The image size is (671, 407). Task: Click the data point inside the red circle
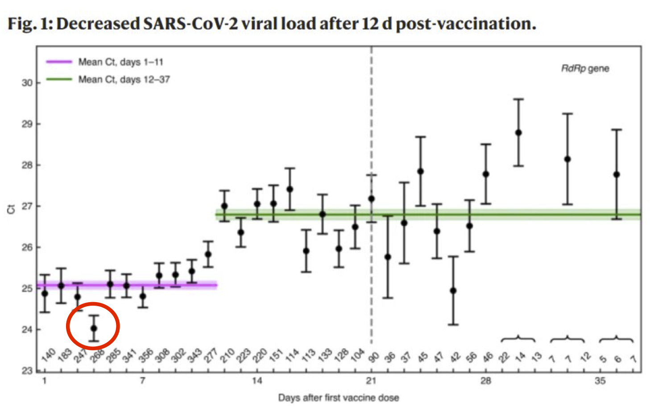pyautogui.click(x=94, y=328)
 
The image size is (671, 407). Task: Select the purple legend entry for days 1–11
pyautogui.click(x=120, y=62)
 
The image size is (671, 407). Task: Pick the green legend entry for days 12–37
pyautogui.click(x=124, y=79)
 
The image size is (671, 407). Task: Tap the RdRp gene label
pyautogui.click(x=585, y=69)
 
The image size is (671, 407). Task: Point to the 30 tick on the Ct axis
pyautogui.click(x=27, y=83)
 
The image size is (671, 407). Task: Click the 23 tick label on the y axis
pyautogui.click(x=27, y=370)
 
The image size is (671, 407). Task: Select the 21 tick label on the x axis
pyautogui.click(x=371, y=381)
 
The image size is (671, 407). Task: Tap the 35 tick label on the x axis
pyautogui.click(x=600, y=381)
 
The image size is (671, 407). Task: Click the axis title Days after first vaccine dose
pyautogui.click(x=338, y=398)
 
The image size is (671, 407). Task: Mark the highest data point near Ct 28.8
pyautogui.click(x=518, y=133)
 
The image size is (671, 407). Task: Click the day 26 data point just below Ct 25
pyautogui.click(x=453, y=291)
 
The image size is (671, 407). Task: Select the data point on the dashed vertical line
pyautogui.click(x=371, y=199)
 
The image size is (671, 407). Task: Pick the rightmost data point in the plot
pyautogui.click(x=617, y=174)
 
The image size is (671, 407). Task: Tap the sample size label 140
pyautogui.click(x=48, y=355)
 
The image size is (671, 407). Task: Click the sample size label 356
pyautogui.click(x=146, y=355)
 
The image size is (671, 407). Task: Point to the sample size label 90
pyautogui.click(x=374, y=356)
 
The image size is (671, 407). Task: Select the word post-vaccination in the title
pyautogui.click(x=466, y=23)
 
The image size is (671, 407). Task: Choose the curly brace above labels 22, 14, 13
pyautogui.click(x=518, y=339)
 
